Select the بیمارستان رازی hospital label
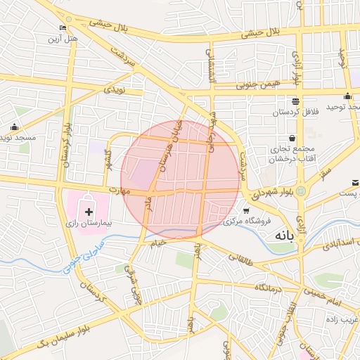pyautogui.click(x=89, y=222)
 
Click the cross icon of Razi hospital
pyautogui.click(x=89, y=211)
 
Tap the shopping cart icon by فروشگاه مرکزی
pyautogui.click(x=246, y=211)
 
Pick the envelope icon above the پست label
pyautogui.click(x=354, y=182)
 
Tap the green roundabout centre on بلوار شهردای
pyautogui.click(x=301, y=190)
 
